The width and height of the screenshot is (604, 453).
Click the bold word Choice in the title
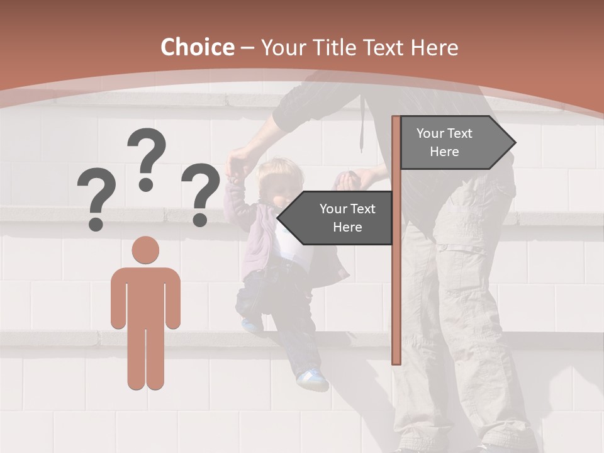coord(197,47)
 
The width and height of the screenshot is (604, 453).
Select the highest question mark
coord(147,157)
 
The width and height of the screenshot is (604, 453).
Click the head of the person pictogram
coord(145,250)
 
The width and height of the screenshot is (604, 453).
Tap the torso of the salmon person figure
coord(145,296)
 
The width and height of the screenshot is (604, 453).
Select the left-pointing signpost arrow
coord(337,218)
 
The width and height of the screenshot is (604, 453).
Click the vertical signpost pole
coord(396,283)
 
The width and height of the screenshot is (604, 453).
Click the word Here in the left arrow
coord(347,227)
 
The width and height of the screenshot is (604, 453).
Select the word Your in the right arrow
coord(430,133)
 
